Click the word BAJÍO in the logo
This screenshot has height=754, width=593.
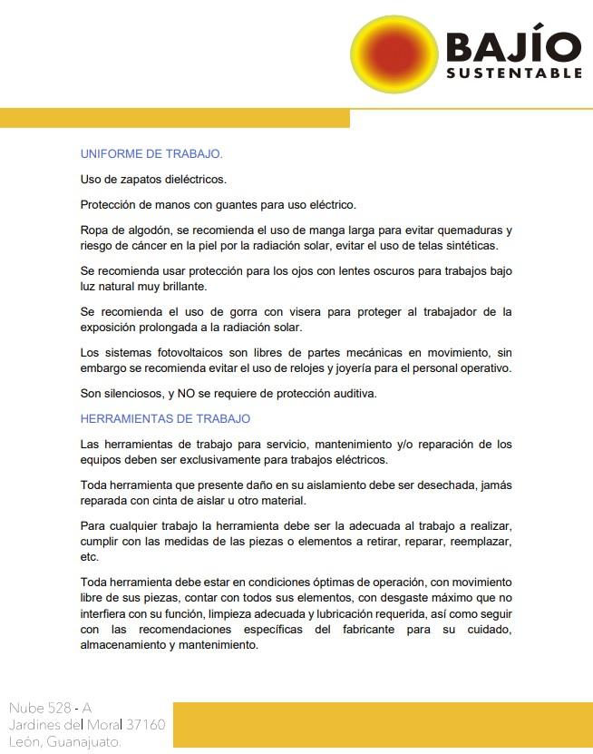point(512,46)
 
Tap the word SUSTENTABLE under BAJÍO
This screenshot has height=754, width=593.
point(513,72)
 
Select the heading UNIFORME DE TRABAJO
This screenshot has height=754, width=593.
point(151,153)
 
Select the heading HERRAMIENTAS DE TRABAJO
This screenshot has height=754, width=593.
point(165,418)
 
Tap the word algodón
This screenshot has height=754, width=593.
point(149,230)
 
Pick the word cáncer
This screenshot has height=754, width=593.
point(160,245)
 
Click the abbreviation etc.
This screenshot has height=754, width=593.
point(89,556)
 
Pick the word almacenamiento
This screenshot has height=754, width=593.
point(126,645)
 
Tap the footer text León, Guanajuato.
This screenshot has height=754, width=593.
point(65,741)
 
